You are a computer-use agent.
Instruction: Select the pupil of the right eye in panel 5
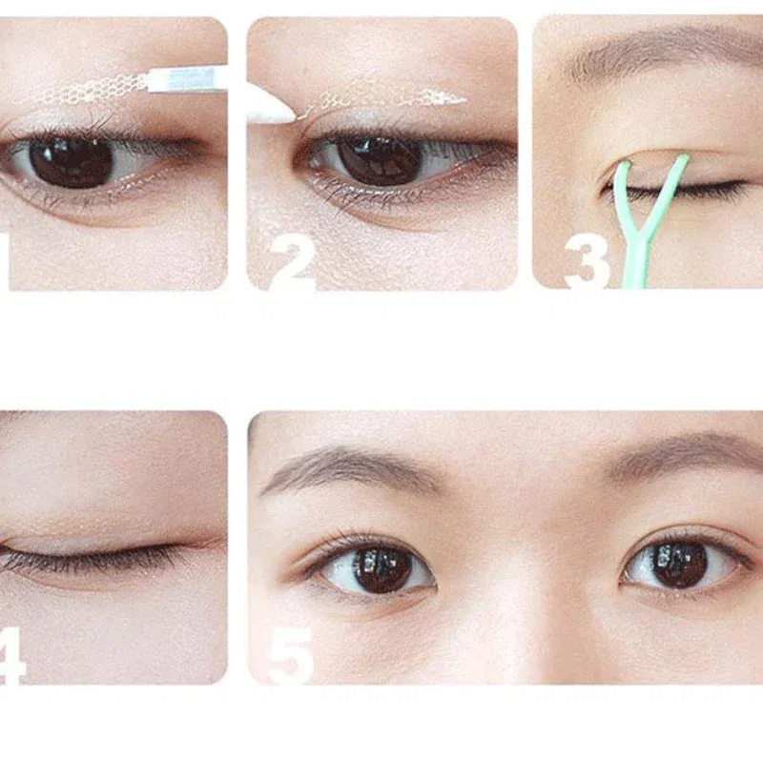click(x=679, y=564)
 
